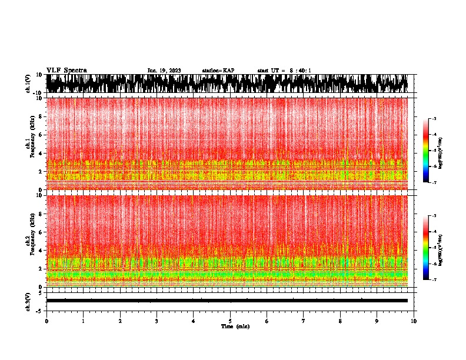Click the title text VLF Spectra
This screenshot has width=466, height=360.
point(66,70)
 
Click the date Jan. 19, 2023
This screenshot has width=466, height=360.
point(164,71)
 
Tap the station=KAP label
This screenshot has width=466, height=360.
point(218,71)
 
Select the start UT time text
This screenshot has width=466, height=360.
point(284,71)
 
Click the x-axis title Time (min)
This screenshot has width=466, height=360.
point(235,326)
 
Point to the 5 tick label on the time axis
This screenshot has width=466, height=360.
point(230,321)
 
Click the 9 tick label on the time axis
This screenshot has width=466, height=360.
point(377,321)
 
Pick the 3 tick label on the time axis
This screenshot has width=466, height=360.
point(157,321)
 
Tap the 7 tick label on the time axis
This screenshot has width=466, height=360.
point(304,321)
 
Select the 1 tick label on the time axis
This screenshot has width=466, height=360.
point(83,321)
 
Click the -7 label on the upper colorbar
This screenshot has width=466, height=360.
point(435,182)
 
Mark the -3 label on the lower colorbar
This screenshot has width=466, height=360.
point(435,216)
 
